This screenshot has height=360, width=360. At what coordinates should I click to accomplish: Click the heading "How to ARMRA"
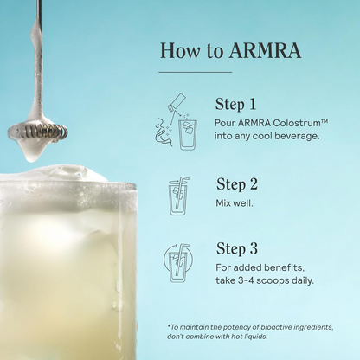tap(230, 50)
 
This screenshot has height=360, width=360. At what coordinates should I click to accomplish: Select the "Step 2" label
tap(237, 183)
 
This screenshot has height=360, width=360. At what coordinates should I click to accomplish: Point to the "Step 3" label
tap(237, 248)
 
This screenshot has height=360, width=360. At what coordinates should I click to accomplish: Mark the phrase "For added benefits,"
tap(256, 267)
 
